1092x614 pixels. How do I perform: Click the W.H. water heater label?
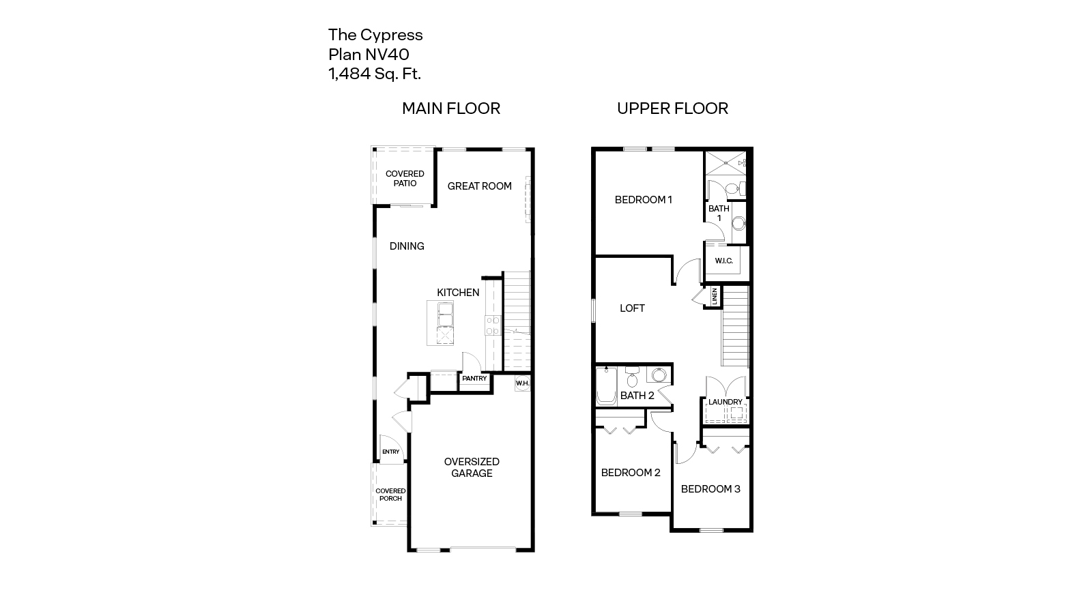[x=522, y=383]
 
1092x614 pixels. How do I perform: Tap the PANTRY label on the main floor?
[x=474, y=379]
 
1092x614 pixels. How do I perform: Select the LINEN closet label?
[x=715, y=296]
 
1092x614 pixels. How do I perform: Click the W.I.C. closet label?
[x=723, y=261]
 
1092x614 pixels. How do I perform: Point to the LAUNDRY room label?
[x=725, y=402]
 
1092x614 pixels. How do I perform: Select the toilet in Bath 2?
[x=632, y=378]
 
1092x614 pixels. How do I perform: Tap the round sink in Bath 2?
[x=659, y=375]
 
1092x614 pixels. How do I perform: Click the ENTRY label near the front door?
[x=390, y=452]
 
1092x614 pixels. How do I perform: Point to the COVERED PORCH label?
[x=390, y=495]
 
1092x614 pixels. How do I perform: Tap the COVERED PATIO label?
[x=405, y=178]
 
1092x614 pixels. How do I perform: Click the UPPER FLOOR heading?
[x=672, y=108]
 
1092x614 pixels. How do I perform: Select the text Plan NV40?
[x=369, y=55]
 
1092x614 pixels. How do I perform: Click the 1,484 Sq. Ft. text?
[x=375, y=74]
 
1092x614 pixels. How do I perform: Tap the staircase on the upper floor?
[x=735, y=326]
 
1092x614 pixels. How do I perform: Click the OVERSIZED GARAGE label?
[x=472, y=467]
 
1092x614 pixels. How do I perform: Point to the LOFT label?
[x=632, y=308]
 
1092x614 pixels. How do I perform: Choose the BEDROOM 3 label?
[x=710, y=489]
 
